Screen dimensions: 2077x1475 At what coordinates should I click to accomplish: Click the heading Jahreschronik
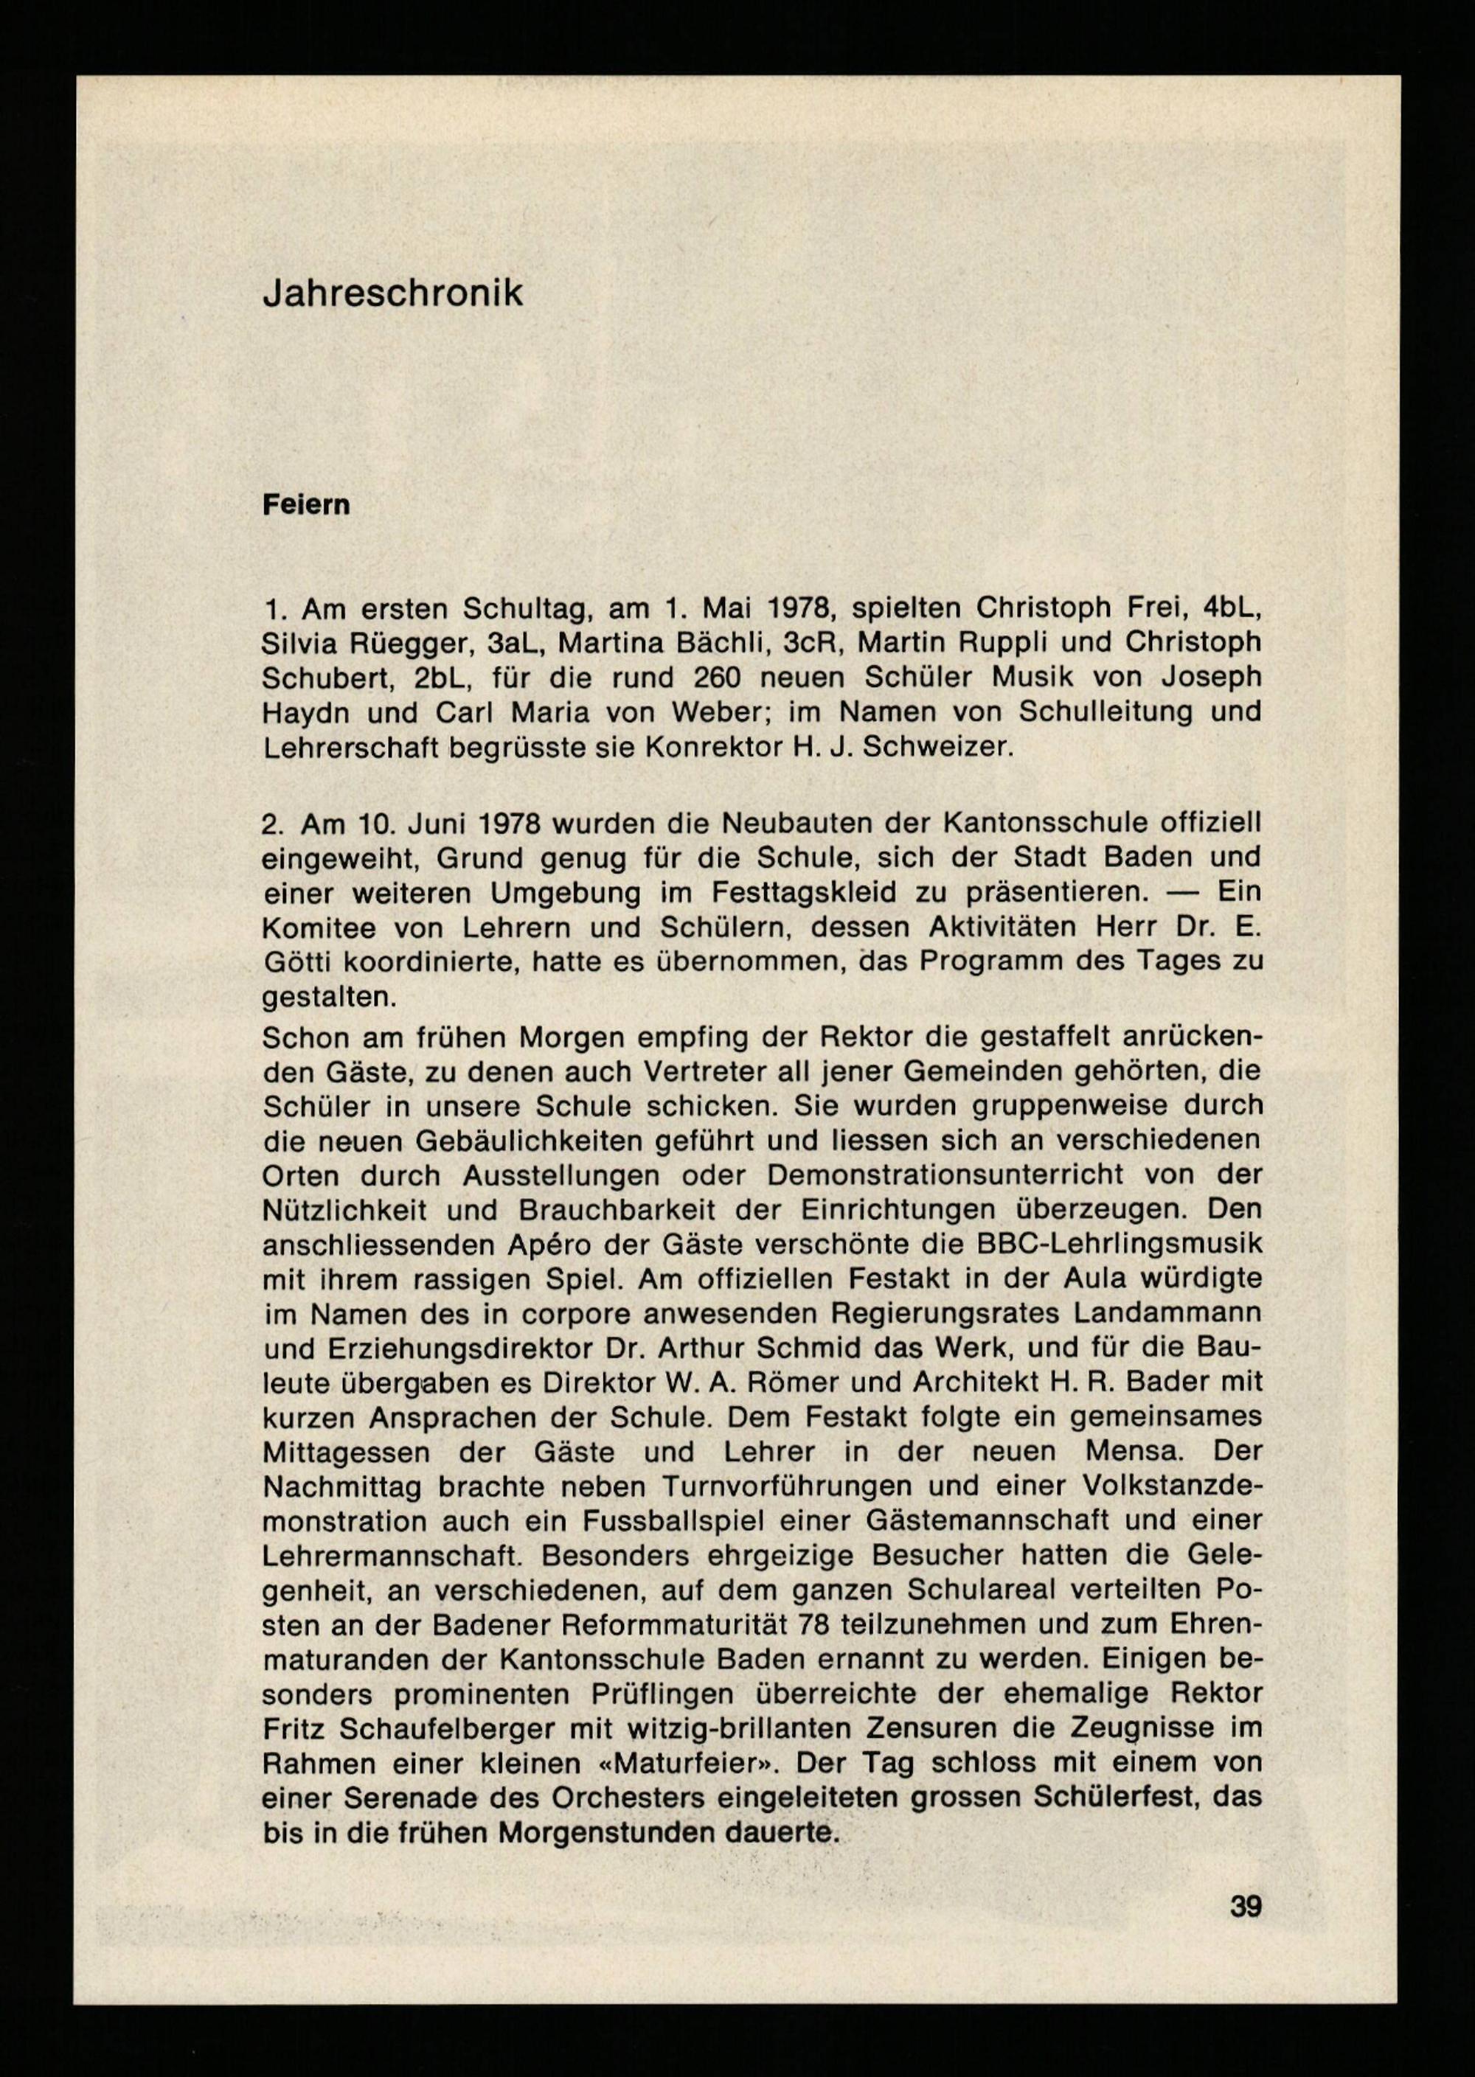392,294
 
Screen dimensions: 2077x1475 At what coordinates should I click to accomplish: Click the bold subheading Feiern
306,506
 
